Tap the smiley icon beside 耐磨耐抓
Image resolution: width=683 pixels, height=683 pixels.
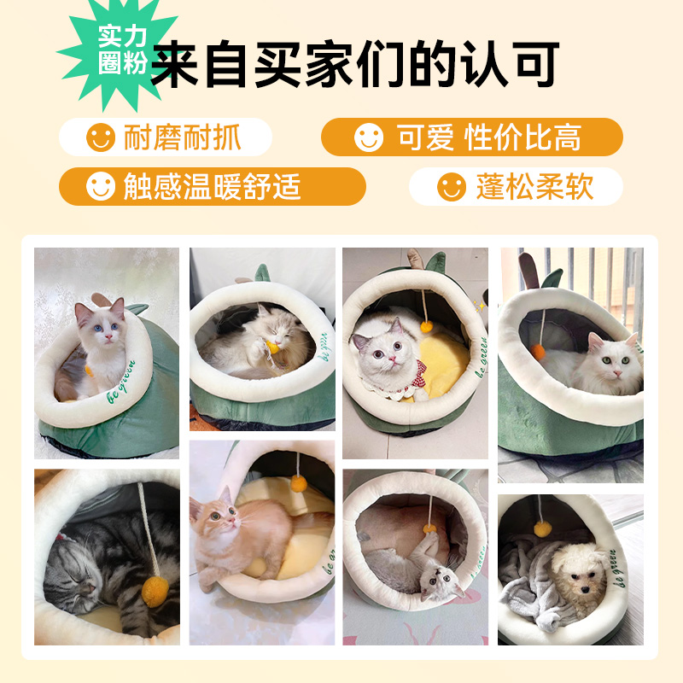(x=101, y=137)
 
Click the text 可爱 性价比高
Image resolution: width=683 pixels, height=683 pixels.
(x=488, y=137)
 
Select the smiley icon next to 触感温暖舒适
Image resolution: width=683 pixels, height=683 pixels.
(x=101, y=186)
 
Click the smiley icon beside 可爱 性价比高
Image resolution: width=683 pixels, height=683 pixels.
(x=369, y=137)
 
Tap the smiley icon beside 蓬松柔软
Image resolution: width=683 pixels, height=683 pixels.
(x=452, y=186)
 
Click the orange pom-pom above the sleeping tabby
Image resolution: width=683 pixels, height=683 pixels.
(x=154, y=588)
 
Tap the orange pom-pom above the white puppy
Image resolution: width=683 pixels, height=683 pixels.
(x=541, y=528)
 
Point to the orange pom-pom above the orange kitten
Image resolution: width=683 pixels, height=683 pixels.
(x=298, y=483)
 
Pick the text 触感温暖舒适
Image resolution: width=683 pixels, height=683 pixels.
(x=212, y=186)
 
